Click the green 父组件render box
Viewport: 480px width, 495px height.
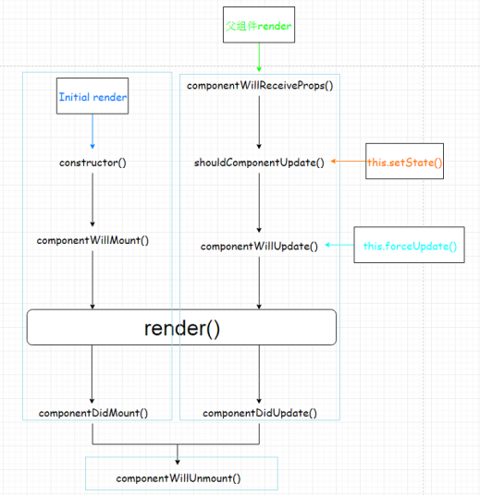coord(259,27)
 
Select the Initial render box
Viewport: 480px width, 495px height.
coord(92,97)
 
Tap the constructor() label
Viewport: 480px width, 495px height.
coord(92,163)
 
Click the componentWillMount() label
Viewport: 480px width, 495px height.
coord(92,240)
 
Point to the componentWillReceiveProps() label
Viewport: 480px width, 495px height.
coord(259,86)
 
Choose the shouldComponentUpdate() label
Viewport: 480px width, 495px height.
coord(259,163)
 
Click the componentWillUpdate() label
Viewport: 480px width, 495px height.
coord(259,247)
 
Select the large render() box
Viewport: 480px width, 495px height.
coord(181,328)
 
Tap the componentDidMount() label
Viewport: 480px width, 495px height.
coord(92,413)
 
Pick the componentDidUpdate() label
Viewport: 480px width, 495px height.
coord(259,413)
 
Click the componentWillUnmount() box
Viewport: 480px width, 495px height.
coord(178,478)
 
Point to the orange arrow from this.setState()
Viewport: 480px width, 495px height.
coord(349,163)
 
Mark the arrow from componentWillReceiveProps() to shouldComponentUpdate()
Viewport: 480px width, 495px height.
coord(259,122)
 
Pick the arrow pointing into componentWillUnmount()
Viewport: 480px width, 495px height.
coord(178,453)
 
